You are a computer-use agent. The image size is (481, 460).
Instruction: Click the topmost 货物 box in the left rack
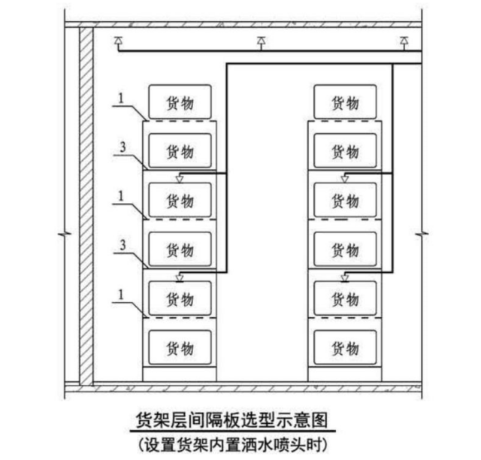[180, 101]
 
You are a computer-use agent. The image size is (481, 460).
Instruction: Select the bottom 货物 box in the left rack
[180, 348]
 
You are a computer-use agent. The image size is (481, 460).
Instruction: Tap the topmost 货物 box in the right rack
[345, 101]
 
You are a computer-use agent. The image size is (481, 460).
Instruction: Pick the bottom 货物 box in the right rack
[345, 348]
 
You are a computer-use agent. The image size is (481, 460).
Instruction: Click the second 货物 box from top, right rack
[345, 151]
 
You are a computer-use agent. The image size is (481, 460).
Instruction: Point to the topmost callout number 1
[120, 97]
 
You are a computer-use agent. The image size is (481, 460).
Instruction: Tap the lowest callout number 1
[120, 295]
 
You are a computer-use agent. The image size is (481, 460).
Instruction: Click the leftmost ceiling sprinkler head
[117, 41]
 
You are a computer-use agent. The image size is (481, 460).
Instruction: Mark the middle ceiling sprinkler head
[261, 41]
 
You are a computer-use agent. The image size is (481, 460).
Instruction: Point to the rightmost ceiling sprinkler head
[404, 41]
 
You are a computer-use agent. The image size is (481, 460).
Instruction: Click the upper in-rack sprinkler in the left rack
[179, 178]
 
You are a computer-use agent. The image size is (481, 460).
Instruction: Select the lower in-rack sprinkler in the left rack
[179, 277]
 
